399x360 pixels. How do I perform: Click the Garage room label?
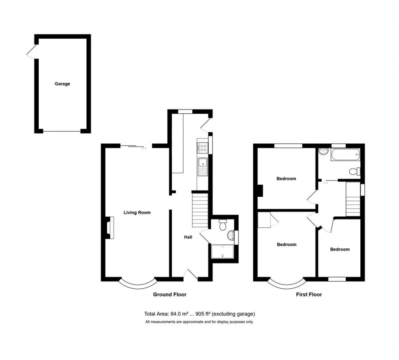click(x=62, y=84)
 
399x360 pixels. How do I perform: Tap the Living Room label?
click(x=137, y=212)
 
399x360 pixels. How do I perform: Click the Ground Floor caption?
click(x=169, y=294)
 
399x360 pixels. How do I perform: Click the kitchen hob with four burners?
click(x=203, y=148)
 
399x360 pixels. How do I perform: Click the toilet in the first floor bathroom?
click(x=355, y=171)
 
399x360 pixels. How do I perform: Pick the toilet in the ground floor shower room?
click(x=223, y=225)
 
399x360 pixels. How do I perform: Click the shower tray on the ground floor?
click(x=223, y=251)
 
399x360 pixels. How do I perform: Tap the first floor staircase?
click(x=353, y=200)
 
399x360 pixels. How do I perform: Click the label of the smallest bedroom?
click(x=340, y=249)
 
